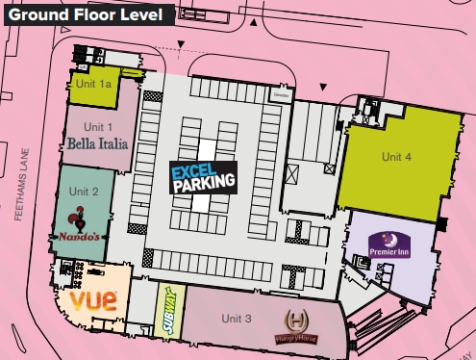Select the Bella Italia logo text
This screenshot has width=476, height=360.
click(98, 144)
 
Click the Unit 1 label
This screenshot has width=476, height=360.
click(97, 127)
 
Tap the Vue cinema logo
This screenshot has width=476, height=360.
click(94, 299)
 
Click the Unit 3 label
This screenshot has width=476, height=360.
click(236, 318)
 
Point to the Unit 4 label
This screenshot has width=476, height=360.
click(396, 157)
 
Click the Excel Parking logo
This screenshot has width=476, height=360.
click(203, 178)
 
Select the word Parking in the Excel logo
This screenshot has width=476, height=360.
click(204, 184)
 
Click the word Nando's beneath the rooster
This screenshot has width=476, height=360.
click(79, 237)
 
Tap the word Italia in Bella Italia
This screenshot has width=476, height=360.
click(113, 144)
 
